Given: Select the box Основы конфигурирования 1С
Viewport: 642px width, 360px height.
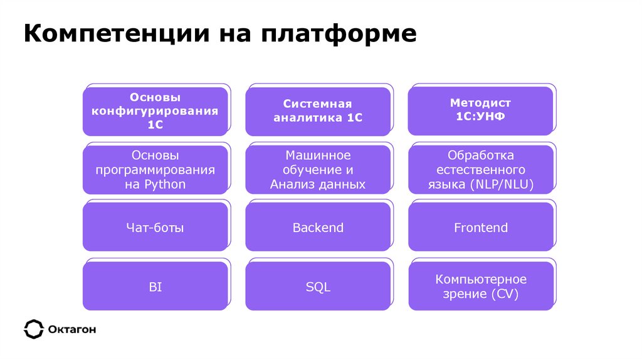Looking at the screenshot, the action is click(155, 111).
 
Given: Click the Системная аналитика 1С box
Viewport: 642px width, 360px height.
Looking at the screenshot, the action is click(318, 111).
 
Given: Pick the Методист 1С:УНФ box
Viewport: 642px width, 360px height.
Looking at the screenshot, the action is click(480, 110).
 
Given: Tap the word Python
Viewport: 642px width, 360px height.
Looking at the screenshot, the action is click(165, 184).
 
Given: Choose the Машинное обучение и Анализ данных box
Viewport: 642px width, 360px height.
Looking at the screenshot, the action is click(318, 169).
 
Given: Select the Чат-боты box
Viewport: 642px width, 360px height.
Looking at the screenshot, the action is click(155, 228).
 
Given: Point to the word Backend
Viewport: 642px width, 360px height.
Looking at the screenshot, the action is click(318, 228).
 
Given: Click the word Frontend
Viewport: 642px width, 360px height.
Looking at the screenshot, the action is click(480, 228).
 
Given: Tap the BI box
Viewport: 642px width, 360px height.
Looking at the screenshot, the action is click(155, 287).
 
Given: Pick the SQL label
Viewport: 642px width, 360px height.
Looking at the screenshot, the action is click(318, 287).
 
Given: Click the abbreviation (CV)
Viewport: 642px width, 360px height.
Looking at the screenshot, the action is click(505, 294).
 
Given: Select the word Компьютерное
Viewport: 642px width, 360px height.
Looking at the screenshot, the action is click(481, 280).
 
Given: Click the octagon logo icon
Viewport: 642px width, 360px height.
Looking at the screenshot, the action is click(33, 329).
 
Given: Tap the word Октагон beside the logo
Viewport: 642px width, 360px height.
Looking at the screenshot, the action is click(71, 329).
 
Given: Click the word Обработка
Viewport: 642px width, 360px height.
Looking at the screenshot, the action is click(481, 155).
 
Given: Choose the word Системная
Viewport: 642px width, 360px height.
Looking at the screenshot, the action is click(318, 104).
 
